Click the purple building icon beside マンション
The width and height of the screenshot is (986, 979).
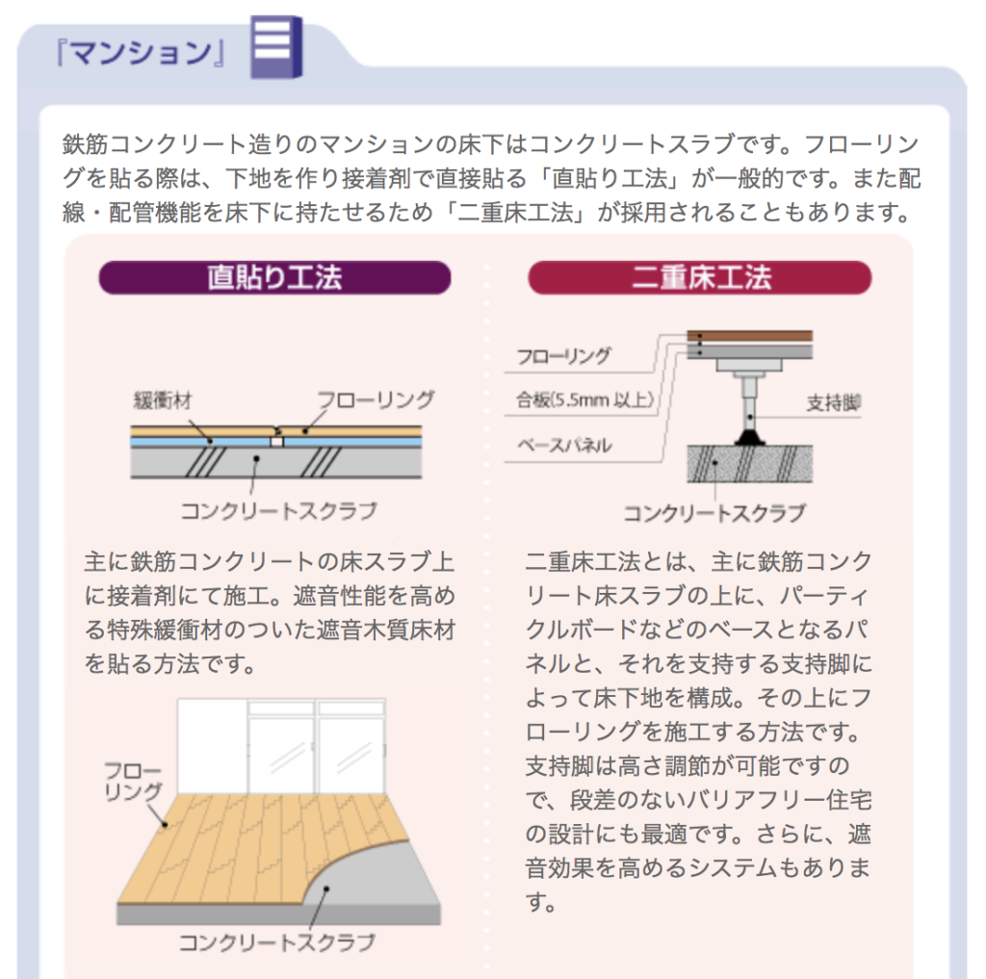[x=276, y=47]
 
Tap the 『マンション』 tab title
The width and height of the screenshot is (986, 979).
[x=141, y=53]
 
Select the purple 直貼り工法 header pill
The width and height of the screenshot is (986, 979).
[x=274, y=277]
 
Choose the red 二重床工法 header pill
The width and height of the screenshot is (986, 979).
[x=700, y=277]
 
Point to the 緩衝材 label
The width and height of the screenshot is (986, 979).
[x=163, y=400]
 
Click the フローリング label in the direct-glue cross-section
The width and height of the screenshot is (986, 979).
[x=376, y=399]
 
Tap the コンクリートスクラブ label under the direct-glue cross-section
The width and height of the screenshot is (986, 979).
[x=278, y=510]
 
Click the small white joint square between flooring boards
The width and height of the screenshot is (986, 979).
[x=276, y=442]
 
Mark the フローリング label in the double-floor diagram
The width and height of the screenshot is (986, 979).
[x=563, y=356]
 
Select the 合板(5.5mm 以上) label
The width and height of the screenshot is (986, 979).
[x=584, y=399]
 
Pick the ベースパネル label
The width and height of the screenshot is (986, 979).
[x=564, y=445]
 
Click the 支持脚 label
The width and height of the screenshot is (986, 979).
[x=833, y=402]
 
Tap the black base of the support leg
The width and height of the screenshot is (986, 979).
[x=749, y=437]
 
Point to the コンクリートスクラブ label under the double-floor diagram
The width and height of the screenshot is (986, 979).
[x=714, y=513]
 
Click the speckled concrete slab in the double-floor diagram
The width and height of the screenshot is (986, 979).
[x=749, y=464]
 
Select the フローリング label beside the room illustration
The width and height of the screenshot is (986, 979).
[x=133, y=781]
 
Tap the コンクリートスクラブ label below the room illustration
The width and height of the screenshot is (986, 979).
[x=277, y=941]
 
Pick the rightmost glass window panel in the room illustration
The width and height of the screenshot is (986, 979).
[x=350, y=755]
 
